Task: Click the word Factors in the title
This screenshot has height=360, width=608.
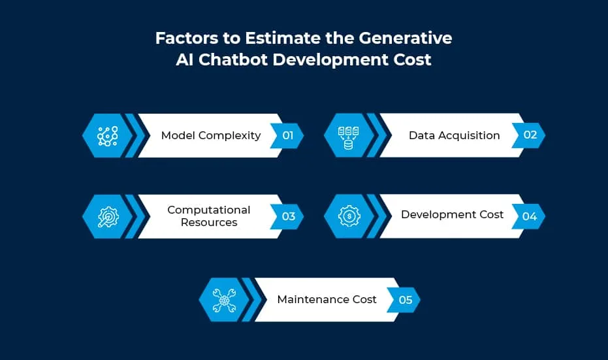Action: (187, 38)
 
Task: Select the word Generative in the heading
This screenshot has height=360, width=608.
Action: (405, 38)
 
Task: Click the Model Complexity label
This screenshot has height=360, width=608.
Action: (211, 135)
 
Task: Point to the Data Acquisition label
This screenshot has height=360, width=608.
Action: (454, 135)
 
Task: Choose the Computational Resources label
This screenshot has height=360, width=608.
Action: (209, 216)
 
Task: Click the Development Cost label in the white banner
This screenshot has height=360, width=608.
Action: (452, 214)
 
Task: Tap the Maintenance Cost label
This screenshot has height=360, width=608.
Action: (327, 299)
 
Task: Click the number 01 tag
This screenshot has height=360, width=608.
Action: (287, 135)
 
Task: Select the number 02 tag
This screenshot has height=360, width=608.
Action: (529, 135)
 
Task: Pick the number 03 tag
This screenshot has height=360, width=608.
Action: (288, 216)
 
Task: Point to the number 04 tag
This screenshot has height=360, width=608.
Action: (529, 216)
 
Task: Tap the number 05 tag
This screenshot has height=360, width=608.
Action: (405, 300)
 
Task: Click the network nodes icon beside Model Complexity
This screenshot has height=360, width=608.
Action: (107, 136)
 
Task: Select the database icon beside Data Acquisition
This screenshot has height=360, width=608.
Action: (348, 138)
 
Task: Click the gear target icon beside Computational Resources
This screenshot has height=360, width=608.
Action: (108, 216)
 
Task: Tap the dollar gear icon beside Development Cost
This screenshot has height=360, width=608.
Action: (349, 216)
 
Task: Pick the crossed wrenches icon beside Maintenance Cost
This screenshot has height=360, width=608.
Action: (224, 300)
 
